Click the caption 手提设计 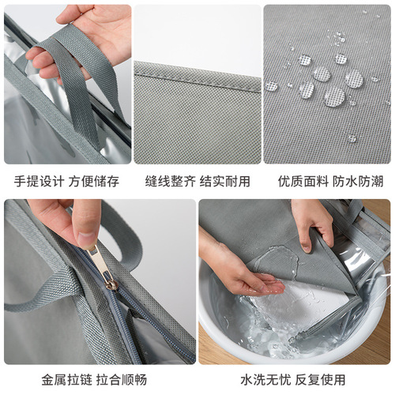(38, 181)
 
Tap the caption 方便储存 (94, 181)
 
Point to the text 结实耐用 (225, 181)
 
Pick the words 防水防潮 (355, 181)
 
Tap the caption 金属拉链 (38, 378)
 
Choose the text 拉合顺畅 (94, 378)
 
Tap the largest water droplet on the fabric (334, 96)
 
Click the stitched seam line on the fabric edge (197, 77)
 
